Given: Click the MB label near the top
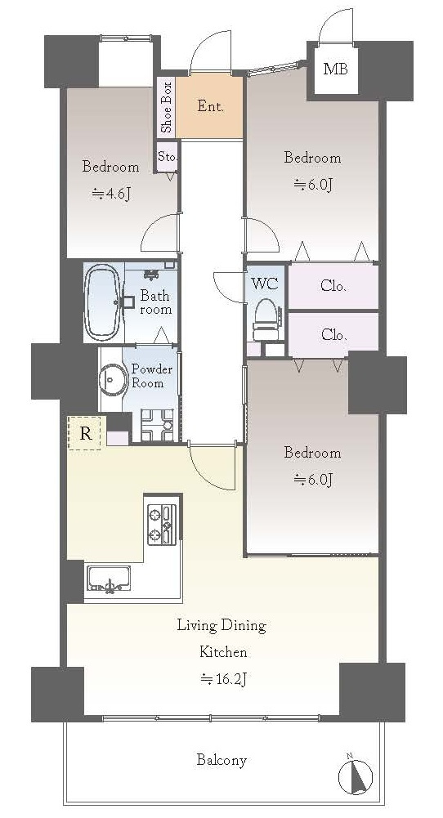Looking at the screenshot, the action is [334, 69].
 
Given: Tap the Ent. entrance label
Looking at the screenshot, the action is [211, 106].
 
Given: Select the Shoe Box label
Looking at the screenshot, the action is [166, 107].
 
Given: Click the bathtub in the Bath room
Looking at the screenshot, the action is [102, 302].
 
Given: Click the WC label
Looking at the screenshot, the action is [265, 284].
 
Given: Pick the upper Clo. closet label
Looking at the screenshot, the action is [334, 286].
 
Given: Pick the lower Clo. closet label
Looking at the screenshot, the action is [334, 334].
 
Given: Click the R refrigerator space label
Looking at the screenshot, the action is [86, 432].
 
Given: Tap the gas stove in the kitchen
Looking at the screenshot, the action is [163, 525].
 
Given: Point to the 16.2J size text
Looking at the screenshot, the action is [224, 679].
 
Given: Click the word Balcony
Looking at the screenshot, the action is [221, 760].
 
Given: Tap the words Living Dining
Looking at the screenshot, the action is [221, 625].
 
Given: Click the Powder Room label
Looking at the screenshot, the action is [151, 376].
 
